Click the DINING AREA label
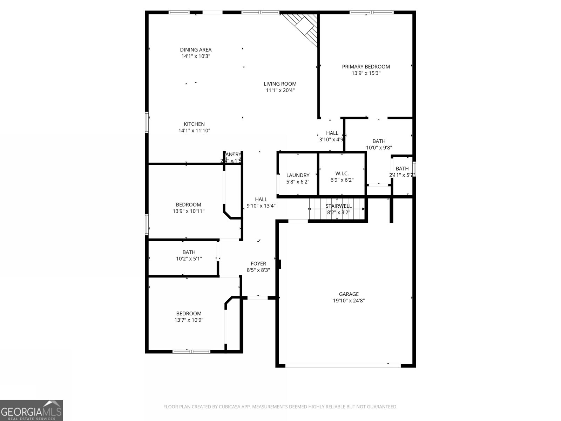point(196,50)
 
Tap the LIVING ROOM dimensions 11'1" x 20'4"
point(280,91)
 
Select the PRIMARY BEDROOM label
point(366,67)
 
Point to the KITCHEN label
point(194,124)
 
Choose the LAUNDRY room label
point(298,175)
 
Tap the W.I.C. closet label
point(342,174)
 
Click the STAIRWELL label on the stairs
point(338,206)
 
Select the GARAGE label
point(349,294)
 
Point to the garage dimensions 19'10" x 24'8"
point(349,301)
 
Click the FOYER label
point(258,264)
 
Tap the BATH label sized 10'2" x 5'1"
point(189,252)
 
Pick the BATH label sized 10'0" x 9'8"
point(379,141)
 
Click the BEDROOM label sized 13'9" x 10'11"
point(188,205)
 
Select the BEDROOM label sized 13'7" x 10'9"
point(189,314)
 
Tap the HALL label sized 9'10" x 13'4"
point(261,199)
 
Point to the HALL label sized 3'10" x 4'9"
point(332,133)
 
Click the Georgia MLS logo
point(31,410)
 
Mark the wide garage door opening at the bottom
point(343,366)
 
